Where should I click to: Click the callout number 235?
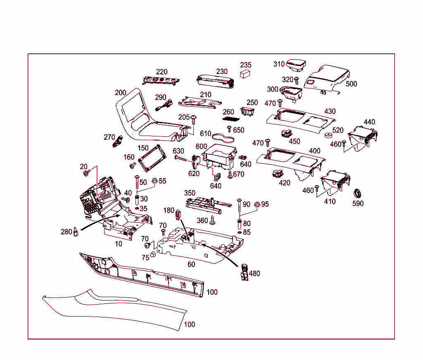[x=246, y=65]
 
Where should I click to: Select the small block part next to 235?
[x=246, y=74]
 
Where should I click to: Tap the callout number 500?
[x=351, y=84]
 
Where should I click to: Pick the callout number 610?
[x=205, y=134]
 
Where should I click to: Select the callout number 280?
[x=66, y=232]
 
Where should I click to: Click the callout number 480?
[x=254, y=273]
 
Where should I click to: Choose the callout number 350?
[x=190, y=193]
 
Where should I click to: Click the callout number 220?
[x=162, y=72]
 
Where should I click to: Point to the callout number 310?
[x=279, y=64]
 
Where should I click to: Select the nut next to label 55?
[x=154, y=181]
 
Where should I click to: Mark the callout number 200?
[x=121, y=93]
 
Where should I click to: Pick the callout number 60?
[x=191, y=264]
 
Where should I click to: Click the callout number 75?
[x=145, y=257]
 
